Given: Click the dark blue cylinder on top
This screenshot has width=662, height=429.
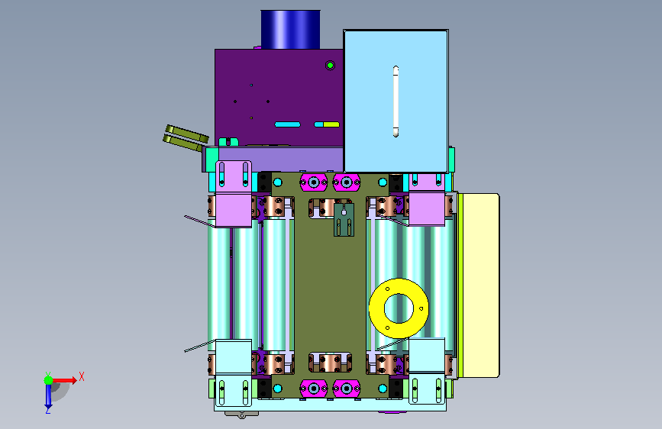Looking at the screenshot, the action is (x=290, y=29).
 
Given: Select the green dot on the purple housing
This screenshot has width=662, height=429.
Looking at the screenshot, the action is (x=330, y=66).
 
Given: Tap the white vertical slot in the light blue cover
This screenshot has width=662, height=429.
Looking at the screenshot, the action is (x=396, y=102).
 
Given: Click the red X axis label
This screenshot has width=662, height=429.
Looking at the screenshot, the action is (x=82, y=376).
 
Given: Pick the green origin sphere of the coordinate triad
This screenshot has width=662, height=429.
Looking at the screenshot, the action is (x=49, y=380).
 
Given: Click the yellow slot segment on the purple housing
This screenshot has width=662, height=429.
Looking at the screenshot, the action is (x=331, y=124).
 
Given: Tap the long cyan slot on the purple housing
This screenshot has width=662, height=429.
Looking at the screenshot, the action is (x=288, y=124).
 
